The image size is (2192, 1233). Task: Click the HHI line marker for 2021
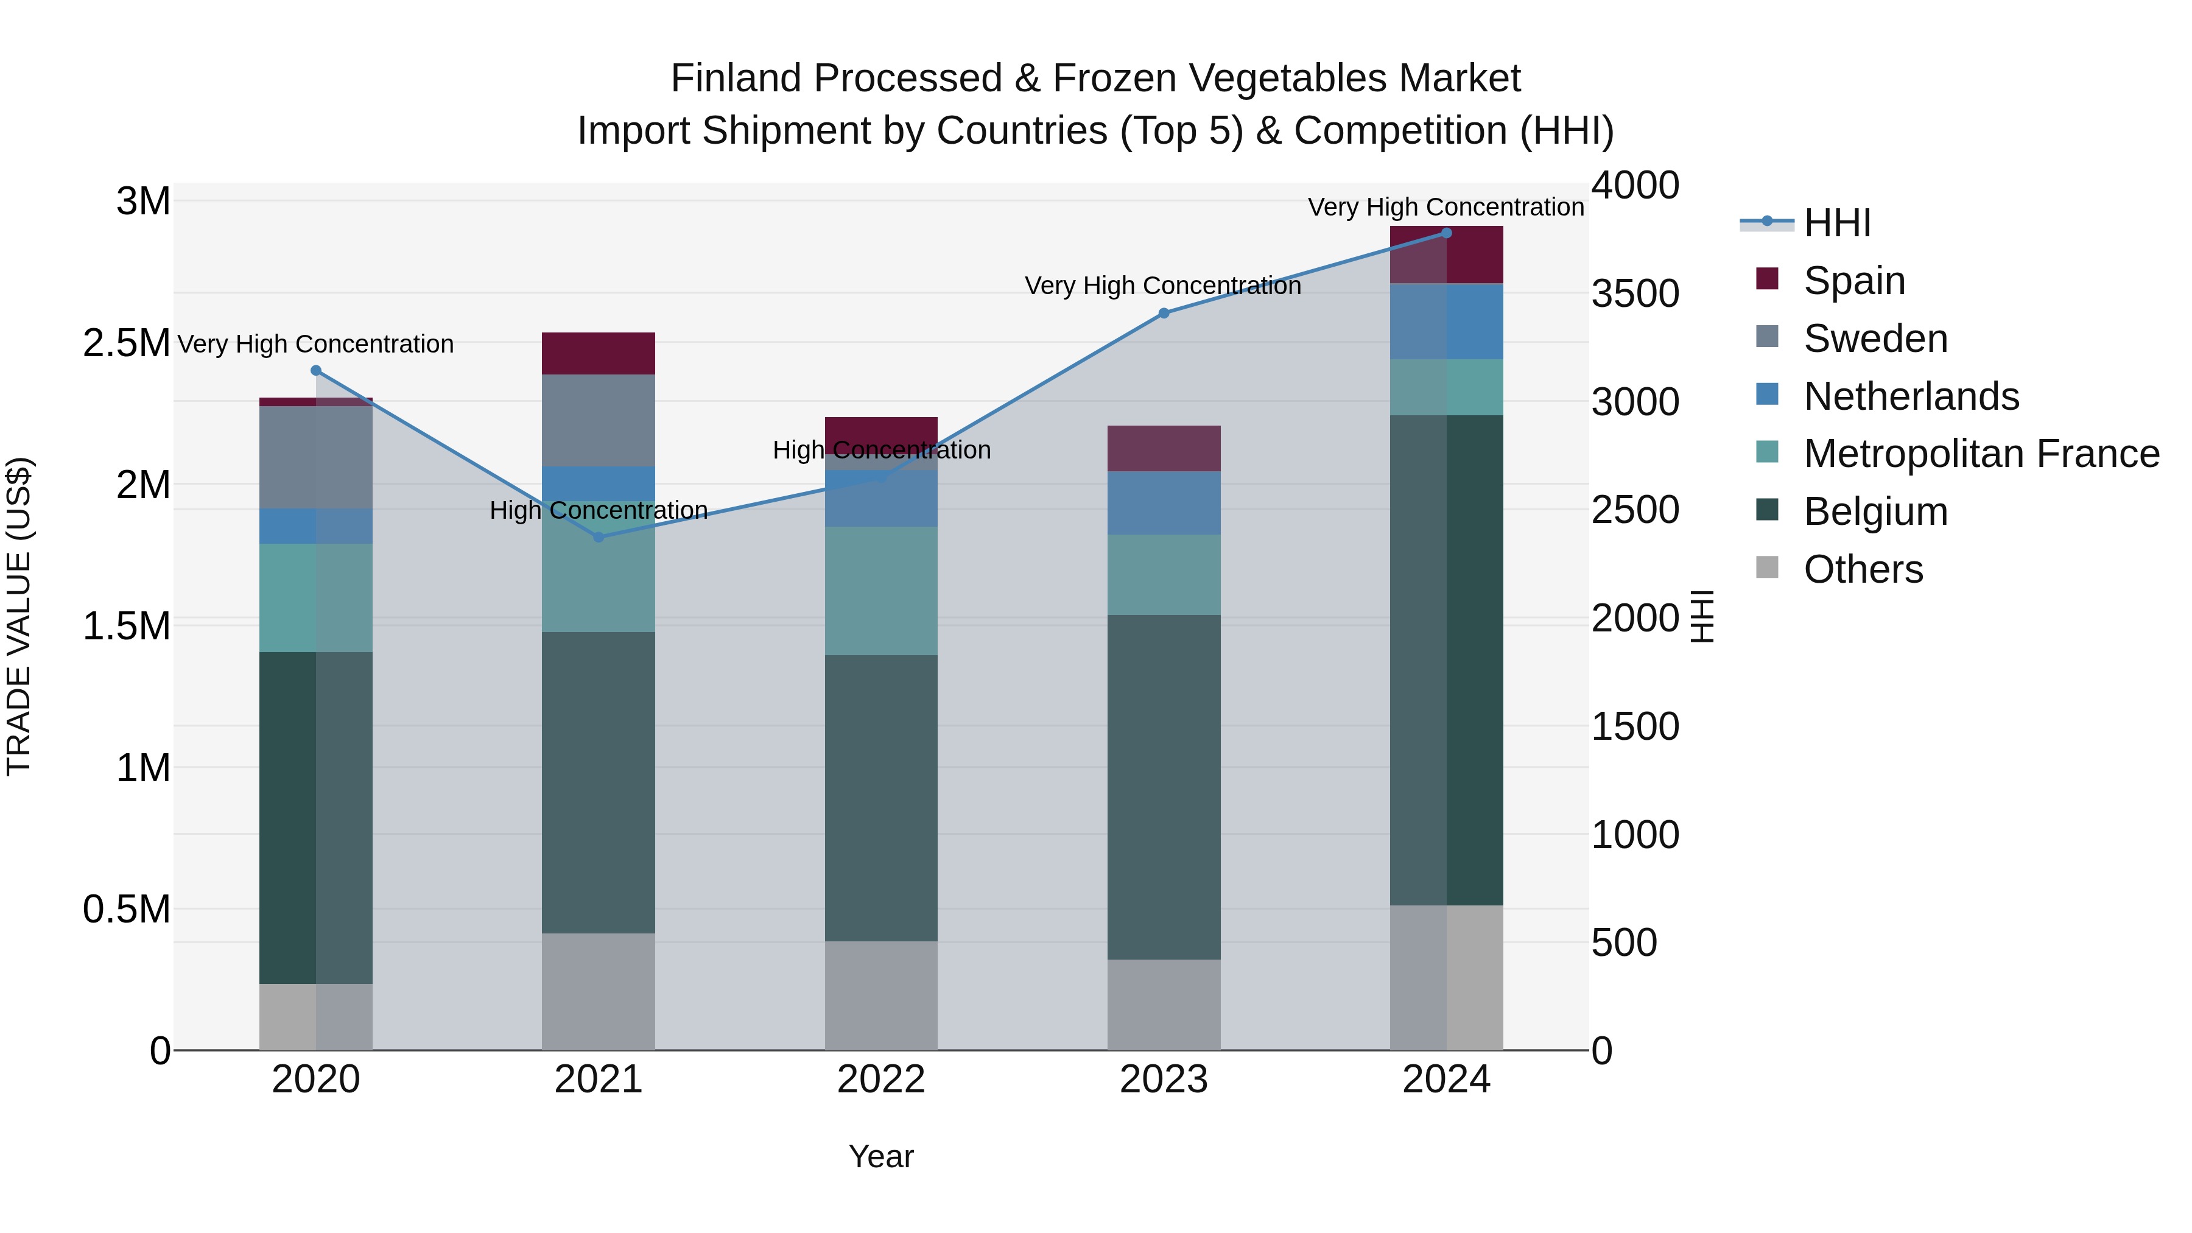tap(598, 537)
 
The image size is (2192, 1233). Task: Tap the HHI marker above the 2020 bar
tap(315, 370)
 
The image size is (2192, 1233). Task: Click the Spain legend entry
tap(1853, 280)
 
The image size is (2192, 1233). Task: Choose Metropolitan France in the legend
tap(1981, 454)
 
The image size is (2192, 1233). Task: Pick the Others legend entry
tap(1863, 569)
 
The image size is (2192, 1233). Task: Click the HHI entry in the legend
tap(1836, 223)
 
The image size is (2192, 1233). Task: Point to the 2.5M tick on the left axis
tap(127, 343)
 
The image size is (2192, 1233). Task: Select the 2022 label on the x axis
tap(880, 1080)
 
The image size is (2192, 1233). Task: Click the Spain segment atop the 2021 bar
tap(598, 353)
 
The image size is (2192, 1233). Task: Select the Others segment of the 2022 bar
tap(880, 996)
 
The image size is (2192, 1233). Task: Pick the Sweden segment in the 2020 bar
tap(315, 457)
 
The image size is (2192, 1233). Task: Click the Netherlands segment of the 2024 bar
tap(1447, 321)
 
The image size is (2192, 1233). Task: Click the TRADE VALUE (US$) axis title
tap(19, 616)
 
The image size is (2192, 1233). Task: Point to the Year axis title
tap(880, 1156)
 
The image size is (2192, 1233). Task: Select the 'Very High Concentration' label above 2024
tap(1445, 207)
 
